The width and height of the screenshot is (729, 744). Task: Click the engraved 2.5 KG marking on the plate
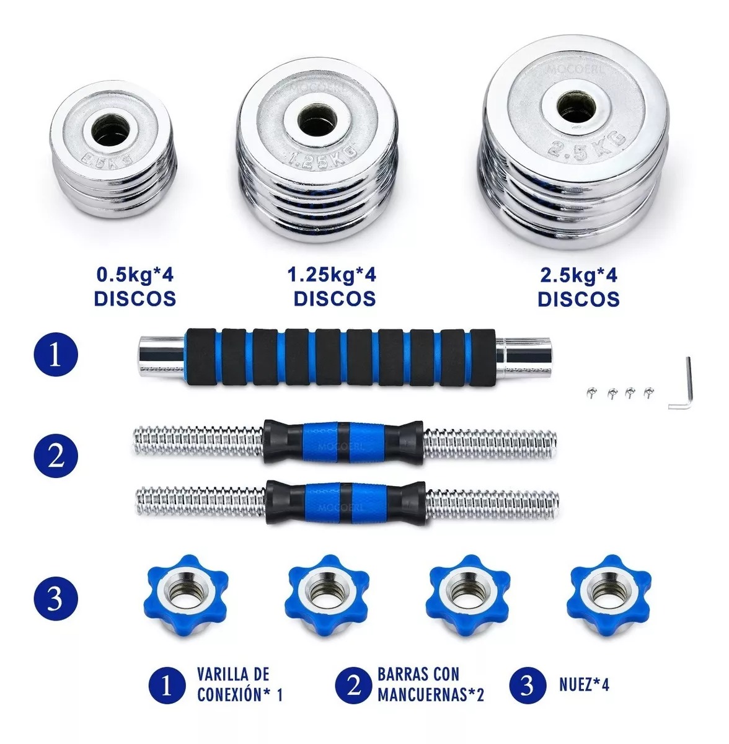point(576,149)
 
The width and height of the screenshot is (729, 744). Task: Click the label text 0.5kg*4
point(135,274)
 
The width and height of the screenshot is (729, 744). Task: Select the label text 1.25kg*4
point(332,274)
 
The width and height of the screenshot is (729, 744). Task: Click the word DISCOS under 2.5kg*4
point(578,299)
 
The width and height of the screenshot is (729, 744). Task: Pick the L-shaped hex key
point(680,384)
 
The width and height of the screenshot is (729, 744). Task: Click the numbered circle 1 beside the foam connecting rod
point(55,356)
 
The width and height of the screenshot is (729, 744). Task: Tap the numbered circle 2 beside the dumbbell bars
point(55,457)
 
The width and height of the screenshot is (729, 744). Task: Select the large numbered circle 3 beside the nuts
point(55,600)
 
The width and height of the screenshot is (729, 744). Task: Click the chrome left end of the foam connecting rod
point(160,357)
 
